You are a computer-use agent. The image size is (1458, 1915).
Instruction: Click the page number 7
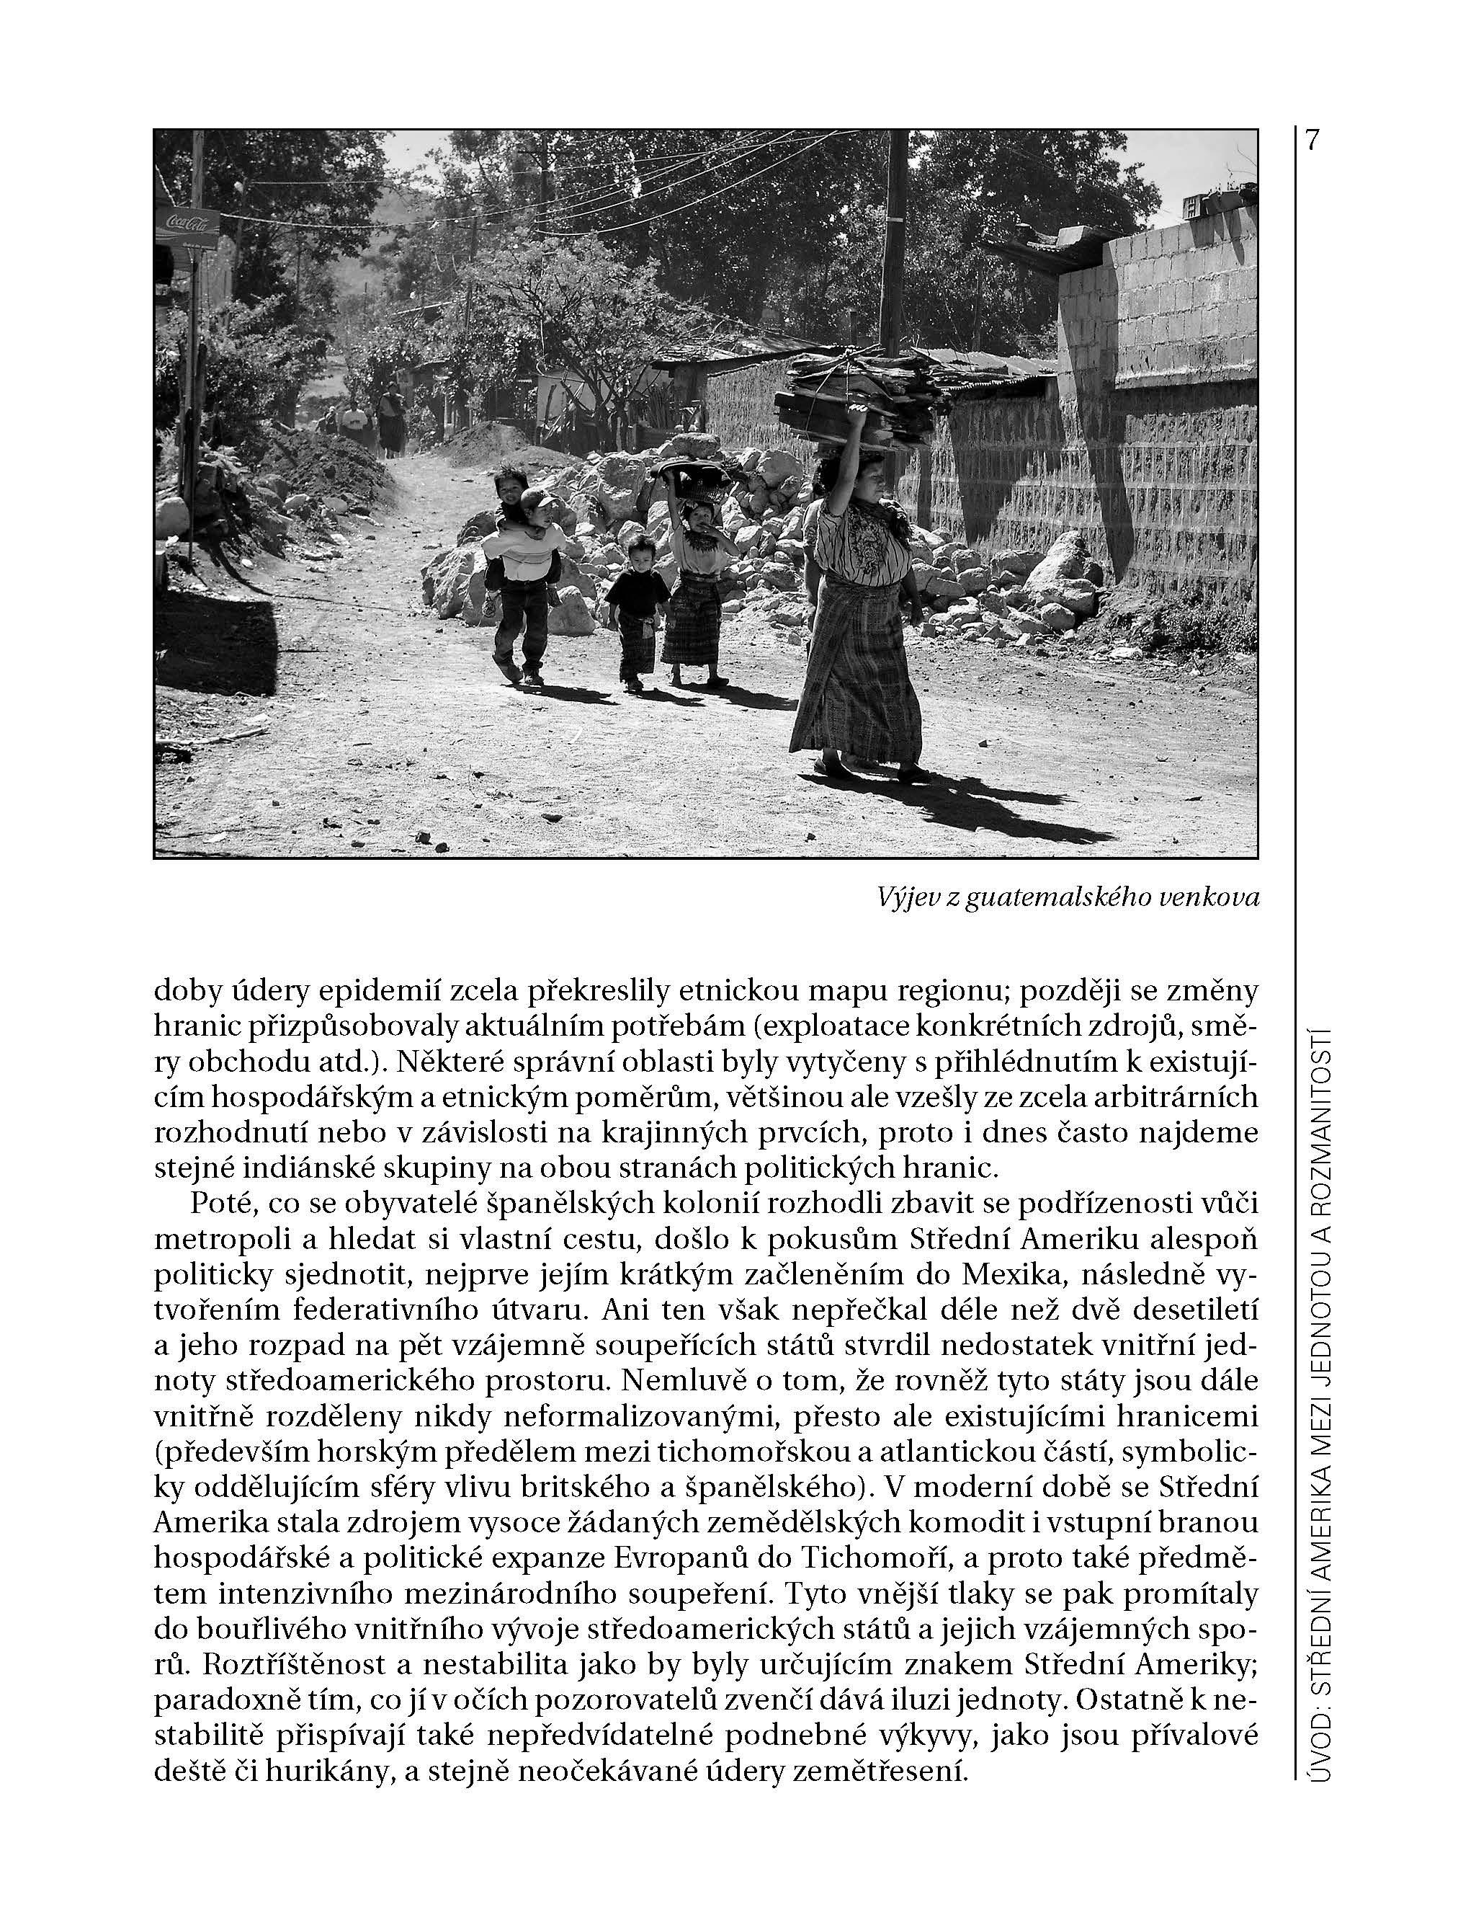pyautogui.click(x=1311, y=141)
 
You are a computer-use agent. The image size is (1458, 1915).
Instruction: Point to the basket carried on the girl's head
pyautogui.click(x=692, y=480)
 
